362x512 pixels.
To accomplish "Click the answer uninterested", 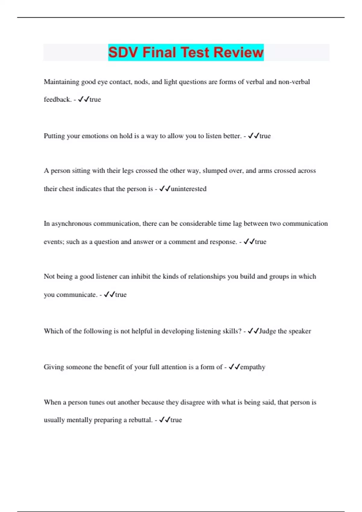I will [189, 189].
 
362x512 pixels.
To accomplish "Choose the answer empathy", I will [252, 367].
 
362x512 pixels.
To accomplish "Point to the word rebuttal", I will [140, 420].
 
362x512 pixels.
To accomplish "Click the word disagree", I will [193, 402].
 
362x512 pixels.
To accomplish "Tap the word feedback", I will [57, 99].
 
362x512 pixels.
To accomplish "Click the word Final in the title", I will [159, 52].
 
